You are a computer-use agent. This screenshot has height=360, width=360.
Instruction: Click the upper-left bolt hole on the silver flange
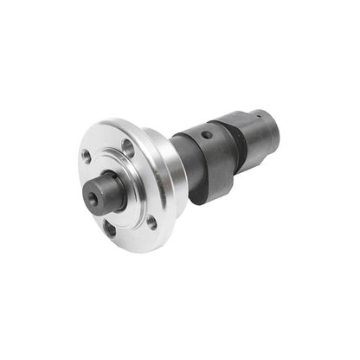tap(87, 157)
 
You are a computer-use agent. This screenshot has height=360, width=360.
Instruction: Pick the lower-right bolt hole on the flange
tap(151, 221)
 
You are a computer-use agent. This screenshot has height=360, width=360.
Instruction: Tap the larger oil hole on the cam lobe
tap(204, 137)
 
